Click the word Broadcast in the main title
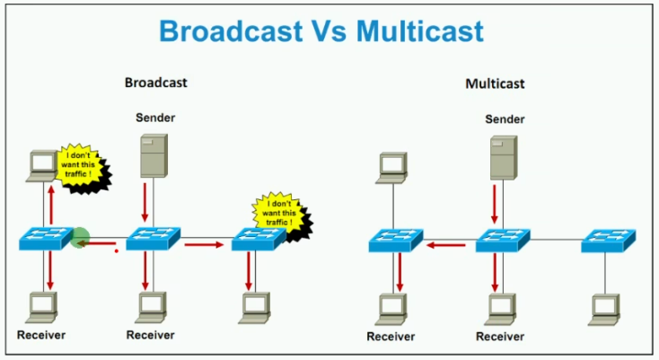(x=231, y=31)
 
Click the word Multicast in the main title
(x=420, y=31)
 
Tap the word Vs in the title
(x=329, y=31)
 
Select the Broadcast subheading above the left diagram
(x=156, y=83)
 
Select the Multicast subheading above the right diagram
(x=495, y=83)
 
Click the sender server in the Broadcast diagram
(x=154, y=155)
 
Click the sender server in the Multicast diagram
(x=504, y=157)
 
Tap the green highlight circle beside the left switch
(x=79, y=237)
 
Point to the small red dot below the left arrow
(x=117, y=251)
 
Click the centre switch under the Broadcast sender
(x=154, y=239)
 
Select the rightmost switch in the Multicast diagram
(x=608, y=241)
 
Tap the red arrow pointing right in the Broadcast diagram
(x=204, y=244)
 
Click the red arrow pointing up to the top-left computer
(x=51, y=205)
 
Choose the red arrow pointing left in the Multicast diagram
(x=446, y=244)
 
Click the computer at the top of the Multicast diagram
(x=392, y=168)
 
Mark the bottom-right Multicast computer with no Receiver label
(x=604, y=310)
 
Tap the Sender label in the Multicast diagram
(x=505, y=119)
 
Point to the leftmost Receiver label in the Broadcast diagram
(x=41, y=335)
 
